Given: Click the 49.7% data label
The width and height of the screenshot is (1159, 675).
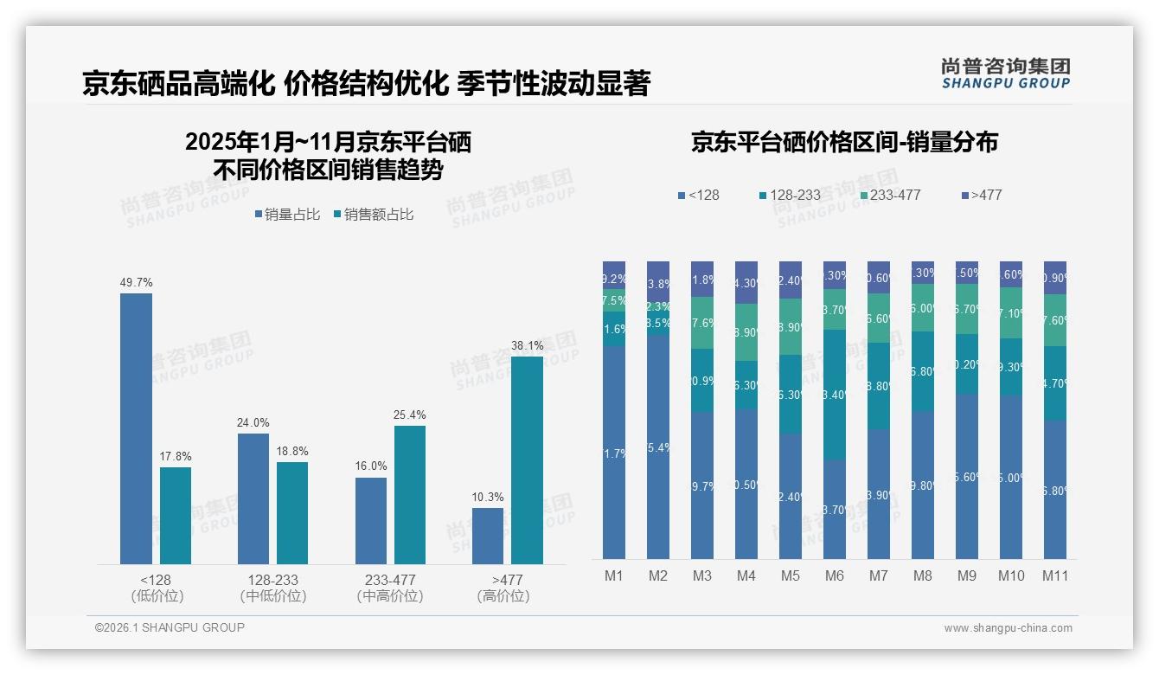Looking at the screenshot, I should tap(136, 282).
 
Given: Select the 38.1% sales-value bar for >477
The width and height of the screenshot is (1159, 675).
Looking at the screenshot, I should tap(527, 460).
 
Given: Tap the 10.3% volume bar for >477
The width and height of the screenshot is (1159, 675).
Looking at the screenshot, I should tap(488, 536).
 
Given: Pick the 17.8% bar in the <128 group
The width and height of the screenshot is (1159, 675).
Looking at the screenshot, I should tap(176, 516).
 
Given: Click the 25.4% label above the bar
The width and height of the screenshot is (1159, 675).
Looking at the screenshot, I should tap(409, 415).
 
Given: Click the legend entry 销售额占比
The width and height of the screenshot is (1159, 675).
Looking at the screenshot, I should tap(373, 215).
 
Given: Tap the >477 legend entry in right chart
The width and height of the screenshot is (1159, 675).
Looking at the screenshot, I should tap(981, 196).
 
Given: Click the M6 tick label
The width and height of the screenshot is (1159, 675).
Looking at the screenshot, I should tap(835, 575).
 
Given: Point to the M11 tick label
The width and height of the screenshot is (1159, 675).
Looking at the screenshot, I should tap(1055, 575).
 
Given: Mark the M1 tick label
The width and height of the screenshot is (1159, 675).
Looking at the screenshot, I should tap(614, 575).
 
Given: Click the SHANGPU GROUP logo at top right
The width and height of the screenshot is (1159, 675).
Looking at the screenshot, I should tap(1005, 74).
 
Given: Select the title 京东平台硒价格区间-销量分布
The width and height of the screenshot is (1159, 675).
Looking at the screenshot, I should tap(844, 143).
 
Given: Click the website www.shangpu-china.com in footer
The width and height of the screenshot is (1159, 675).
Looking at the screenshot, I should tap(1008, 628).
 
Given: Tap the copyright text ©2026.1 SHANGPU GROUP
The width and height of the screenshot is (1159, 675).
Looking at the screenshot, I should tap(170, 627).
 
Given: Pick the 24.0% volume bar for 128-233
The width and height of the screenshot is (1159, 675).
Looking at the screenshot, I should tap(253, 498).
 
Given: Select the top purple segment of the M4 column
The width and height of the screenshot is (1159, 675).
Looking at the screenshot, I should tap(746, 282).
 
